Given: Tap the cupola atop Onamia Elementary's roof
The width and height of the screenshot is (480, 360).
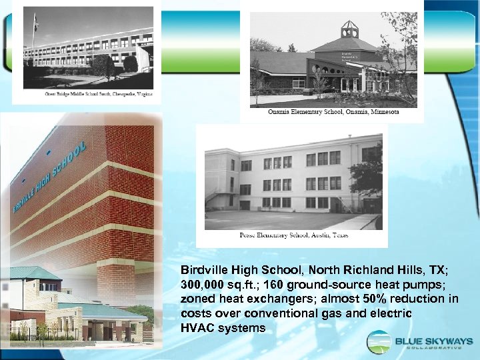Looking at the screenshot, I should pyautogui.click(x=349, y=29).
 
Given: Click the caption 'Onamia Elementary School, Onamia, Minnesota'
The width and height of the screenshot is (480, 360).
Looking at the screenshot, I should pyautogui.click(x=333, y=112).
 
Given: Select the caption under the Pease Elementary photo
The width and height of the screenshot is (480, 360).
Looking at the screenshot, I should pyautogui.click(x=293, y=235).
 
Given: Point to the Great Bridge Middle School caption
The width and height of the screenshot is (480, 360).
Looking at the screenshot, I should pyautogui.click(x=89, y=95).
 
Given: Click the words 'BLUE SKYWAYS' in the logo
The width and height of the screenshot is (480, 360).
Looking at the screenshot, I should pyautogui.click(x=431, y=341).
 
